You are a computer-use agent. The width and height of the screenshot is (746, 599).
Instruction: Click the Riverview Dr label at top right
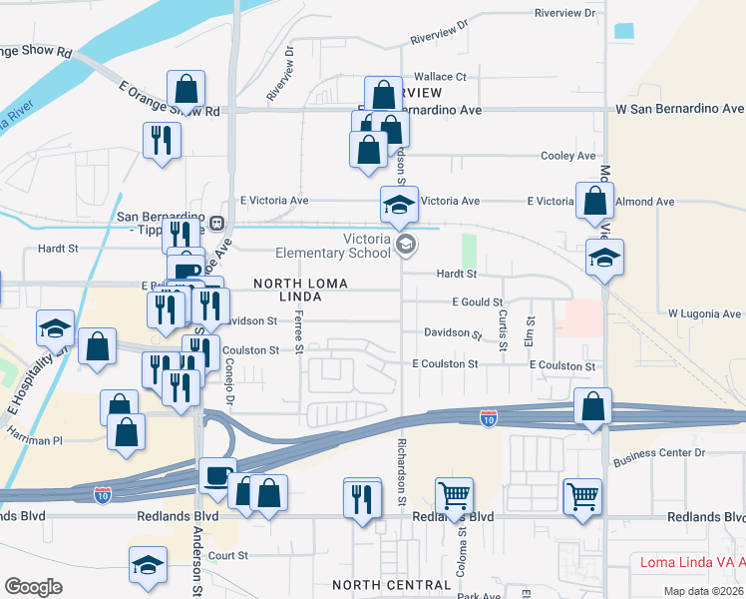pos(564,13)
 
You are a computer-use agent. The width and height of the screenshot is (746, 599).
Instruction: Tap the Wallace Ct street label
pos(440,76)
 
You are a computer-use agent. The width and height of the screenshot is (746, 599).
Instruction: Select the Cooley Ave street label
pos(567,156)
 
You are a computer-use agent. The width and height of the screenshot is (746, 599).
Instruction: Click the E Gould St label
pos(477,301)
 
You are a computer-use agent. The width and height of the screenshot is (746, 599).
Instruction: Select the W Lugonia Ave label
pos(704,313)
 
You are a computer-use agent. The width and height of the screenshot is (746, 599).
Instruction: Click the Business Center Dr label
pos(659,452)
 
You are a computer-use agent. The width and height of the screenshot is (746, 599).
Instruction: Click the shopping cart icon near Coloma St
pos(454,494)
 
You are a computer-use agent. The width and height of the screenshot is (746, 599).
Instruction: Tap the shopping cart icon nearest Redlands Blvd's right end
pos(582,495)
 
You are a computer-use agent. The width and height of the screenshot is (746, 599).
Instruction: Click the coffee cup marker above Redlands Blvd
pos(216,474)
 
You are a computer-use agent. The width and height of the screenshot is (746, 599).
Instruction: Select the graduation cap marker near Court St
pos(148,564)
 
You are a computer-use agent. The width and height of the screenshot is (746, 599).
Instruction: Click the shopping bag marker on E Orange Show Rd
pos(186,88)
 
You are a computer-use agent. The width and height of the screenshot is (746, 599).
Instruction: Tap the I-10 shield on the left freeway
pos(103,493)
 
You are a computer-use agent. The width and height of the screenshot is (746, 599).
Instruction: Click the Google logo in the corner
pos(33,587)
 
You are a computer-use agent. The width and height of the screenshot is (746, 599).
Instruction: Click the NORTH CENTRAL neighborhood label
pos(391,585)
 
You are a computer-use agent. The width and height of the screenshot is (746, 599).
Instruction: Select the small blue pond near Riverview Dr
pos(624,31)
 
